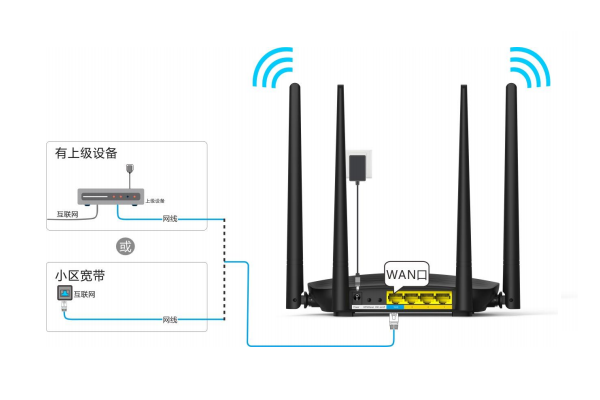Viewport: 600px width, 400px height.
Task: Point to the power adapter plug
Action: point(356,168)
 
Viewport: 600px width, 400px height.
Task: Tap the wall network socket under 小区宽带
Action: point(65,295)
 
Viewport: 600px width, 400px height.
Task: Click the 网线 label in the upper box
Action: point(170,217)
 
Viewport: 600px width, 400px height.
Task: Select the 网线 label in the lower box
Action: point(170,319)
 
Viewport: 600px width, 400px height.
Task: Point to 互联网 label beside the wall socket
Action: point(90,295)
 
